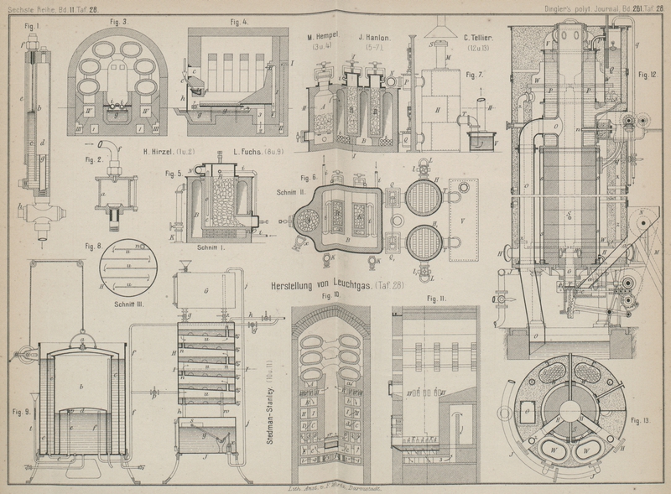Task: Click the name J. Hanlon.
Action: point(377,37)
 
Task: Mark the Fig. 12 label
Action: point(646,75)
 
